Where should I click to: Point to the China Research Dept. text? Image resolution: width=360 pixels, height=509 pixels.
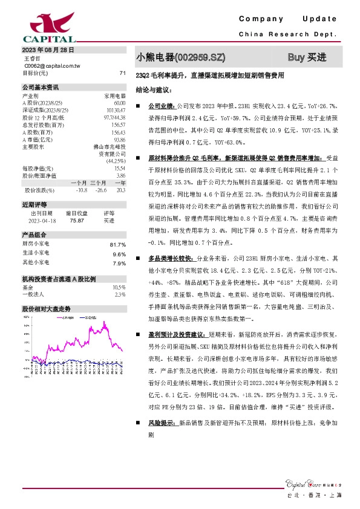click(x=288, y=34)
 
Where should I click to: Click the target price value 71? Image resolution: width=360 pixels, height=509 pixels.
click(x=122, y=73)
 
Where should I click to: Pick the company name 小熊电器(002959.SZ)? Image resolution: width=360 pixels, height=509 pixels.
click(x=182, y=57)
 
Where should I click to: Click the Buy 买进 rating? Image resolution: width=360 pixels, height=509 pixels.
click(x=307, y=57)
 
